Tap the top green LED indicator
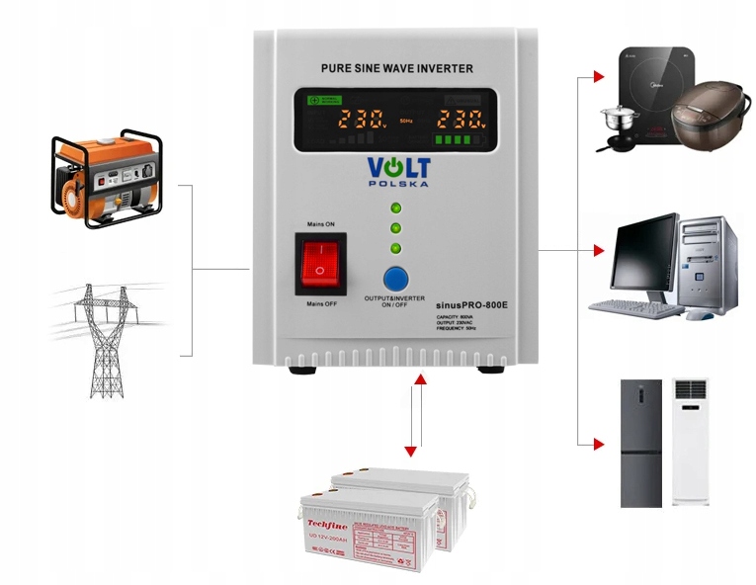tap(396, 209)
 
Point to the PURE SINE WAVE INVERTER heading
tap(396, 68)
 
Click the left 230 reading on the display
tap(362, 121)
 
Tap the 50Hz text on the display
tap(406, 122)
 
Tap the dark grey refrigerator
tap(640, 441)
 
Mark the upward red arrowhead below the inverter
tap(420, 378)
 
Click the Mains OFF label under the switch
tap(321, 303)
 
